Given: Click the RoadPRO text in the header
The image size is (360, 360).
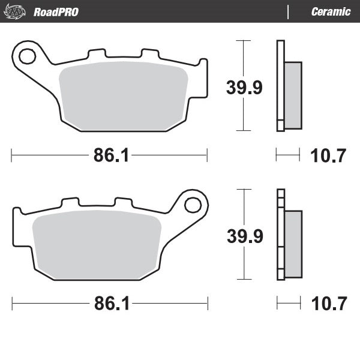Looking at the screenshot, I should (x=56, y=12).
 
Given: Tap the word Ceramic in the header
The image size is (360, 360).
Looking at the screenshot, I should (x=331, y=12).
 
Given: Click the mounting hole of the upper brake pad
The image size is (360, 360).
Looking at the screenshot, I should (x=26, y=56).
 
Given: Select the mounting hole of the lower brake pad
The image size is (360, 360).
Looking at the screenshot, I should (x=193, y=205).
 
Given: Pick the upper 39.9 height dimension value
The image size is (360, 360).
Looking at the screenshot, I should (x=244, y=88).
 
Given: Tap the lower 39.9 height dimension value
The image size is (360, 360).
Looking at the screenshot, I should (x=244, y=236).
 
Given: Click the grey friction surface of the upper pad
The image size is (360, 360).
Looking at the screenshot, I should (x=126, y=96).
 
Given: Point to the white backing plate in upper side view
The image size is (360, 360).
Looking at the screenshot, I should (x=280, y=84).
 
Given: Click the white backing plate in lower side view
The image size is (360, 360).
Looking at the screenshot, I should (x=280, y=234).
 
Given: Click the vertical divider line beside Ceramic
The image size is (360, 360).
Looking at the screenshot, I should (x=289, y=12).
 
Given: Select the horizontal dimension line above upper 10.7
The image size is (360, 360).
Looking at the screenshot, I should (x=288, y=155).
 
